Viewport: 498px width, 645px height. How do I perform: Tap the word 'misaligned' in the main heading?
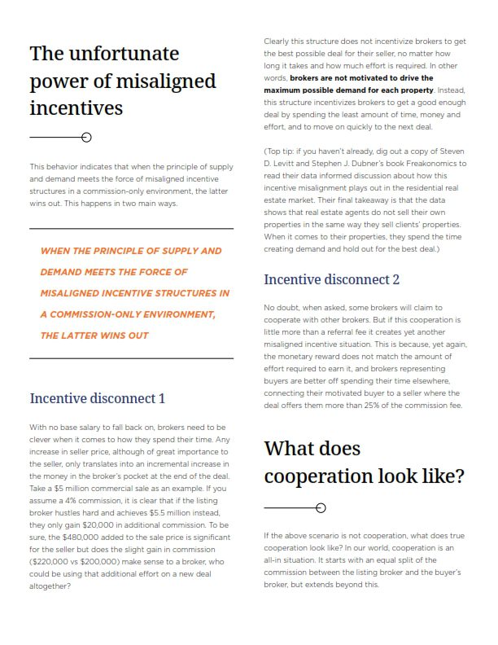coord(168,81)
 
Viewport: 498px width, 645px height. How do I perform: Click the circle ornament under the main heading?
coord(87,138)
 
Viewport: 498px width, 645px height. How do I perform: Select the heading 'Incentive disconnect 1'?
coord(97,398)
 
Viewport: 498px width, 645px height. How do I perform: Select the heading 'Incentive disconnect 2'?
coord(331,279)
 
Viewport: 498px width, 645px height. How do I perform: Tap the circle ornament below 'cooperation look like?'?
coord(321,508)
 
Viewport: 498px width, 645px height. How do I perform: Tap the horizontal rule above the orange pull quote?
coord(131,229)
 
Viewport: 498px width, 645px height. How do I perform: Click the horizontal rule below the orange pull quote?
coord(131,358)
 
